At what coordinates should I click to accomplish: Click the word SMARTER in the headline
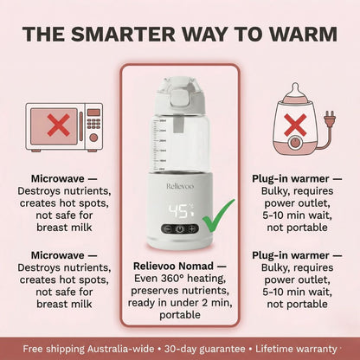(125, 35)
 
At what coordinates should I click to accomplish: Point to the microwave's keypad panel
(93, 126)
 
